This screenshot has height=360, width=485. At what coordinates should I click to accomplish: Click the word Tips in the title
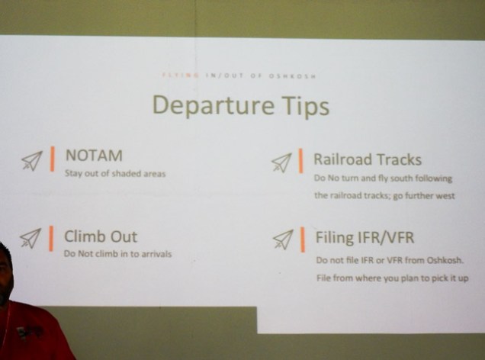[x=305, y=107]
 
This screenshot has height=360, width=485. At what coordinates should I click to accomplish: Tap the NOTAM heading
[x=94, y=156]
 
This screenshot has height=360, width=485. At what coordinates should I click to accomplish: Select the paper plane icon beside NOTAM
[x=32, y=161]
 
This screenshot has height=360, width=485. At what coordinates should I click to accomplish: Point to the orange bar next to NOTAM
[x=53, y=159]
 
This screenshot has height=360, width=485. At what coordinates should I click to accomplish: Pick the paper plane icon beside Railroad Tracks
[x=281, y=162]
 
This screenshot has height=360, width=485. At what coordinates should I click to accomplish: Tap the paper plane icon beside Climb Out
[x=31, y=238]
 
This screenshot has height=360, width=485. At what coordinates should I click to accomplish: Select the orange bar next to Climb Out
[x=51, y=238]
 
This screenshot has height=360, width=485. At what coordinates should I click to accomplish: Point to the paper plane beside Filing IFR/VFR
[x=283, y=239]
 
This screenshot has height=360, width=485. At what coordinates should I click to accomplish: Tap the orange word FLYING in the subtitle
[x=181, y=76]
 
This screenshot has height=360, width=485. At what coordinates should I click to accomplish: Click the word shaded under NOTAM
[x=126, y=173]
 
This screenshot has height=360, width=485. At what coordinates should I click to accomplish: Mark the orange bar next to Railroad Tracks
[x=300, y=160]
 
